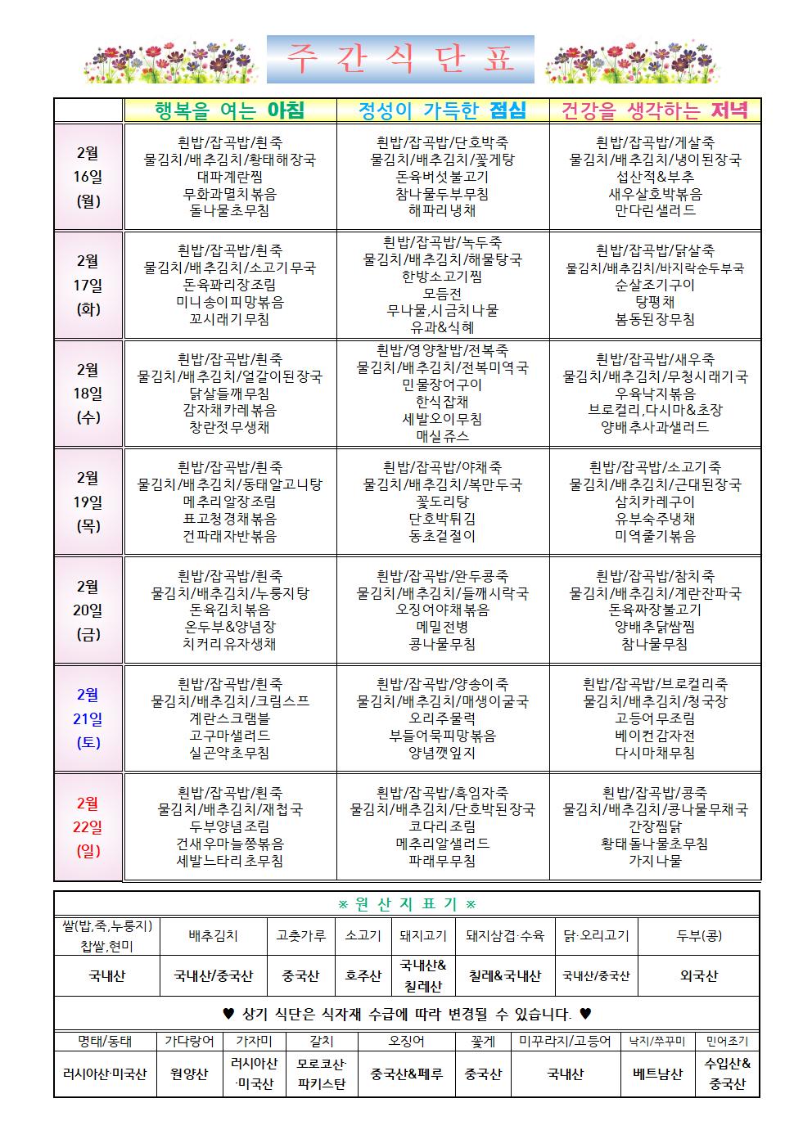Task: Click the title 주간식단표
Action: click(400, 60)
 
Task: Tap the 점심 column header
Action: click(442, 110)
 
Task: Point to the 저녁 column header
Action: click(655, 110)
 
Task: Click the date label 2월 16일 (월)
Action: click(88, 177)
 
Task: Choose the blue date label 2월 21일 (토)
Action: click(88, 718)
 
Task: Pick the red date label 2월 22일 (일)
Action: click(88, 826)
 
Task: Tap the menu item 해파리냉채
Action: click(442, 210)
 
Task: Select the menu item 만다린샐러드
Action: click(655, 210)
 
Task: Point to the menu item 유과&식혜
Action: click(442, 326)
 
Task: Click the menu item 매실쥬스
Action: click(442, 436)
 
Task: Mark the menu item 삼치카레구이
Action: click(655, 502)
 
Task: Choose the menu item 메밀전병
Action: click(442, 627)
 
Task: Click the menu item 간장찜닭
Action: click(655, 826)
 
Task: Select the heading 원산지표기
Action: click(407, 904)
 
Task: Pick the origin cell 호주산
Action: click(362, 976)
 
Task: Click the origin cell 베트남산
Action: click(657, 1074)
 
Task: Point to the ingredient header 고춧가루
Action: click(300, 935)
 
